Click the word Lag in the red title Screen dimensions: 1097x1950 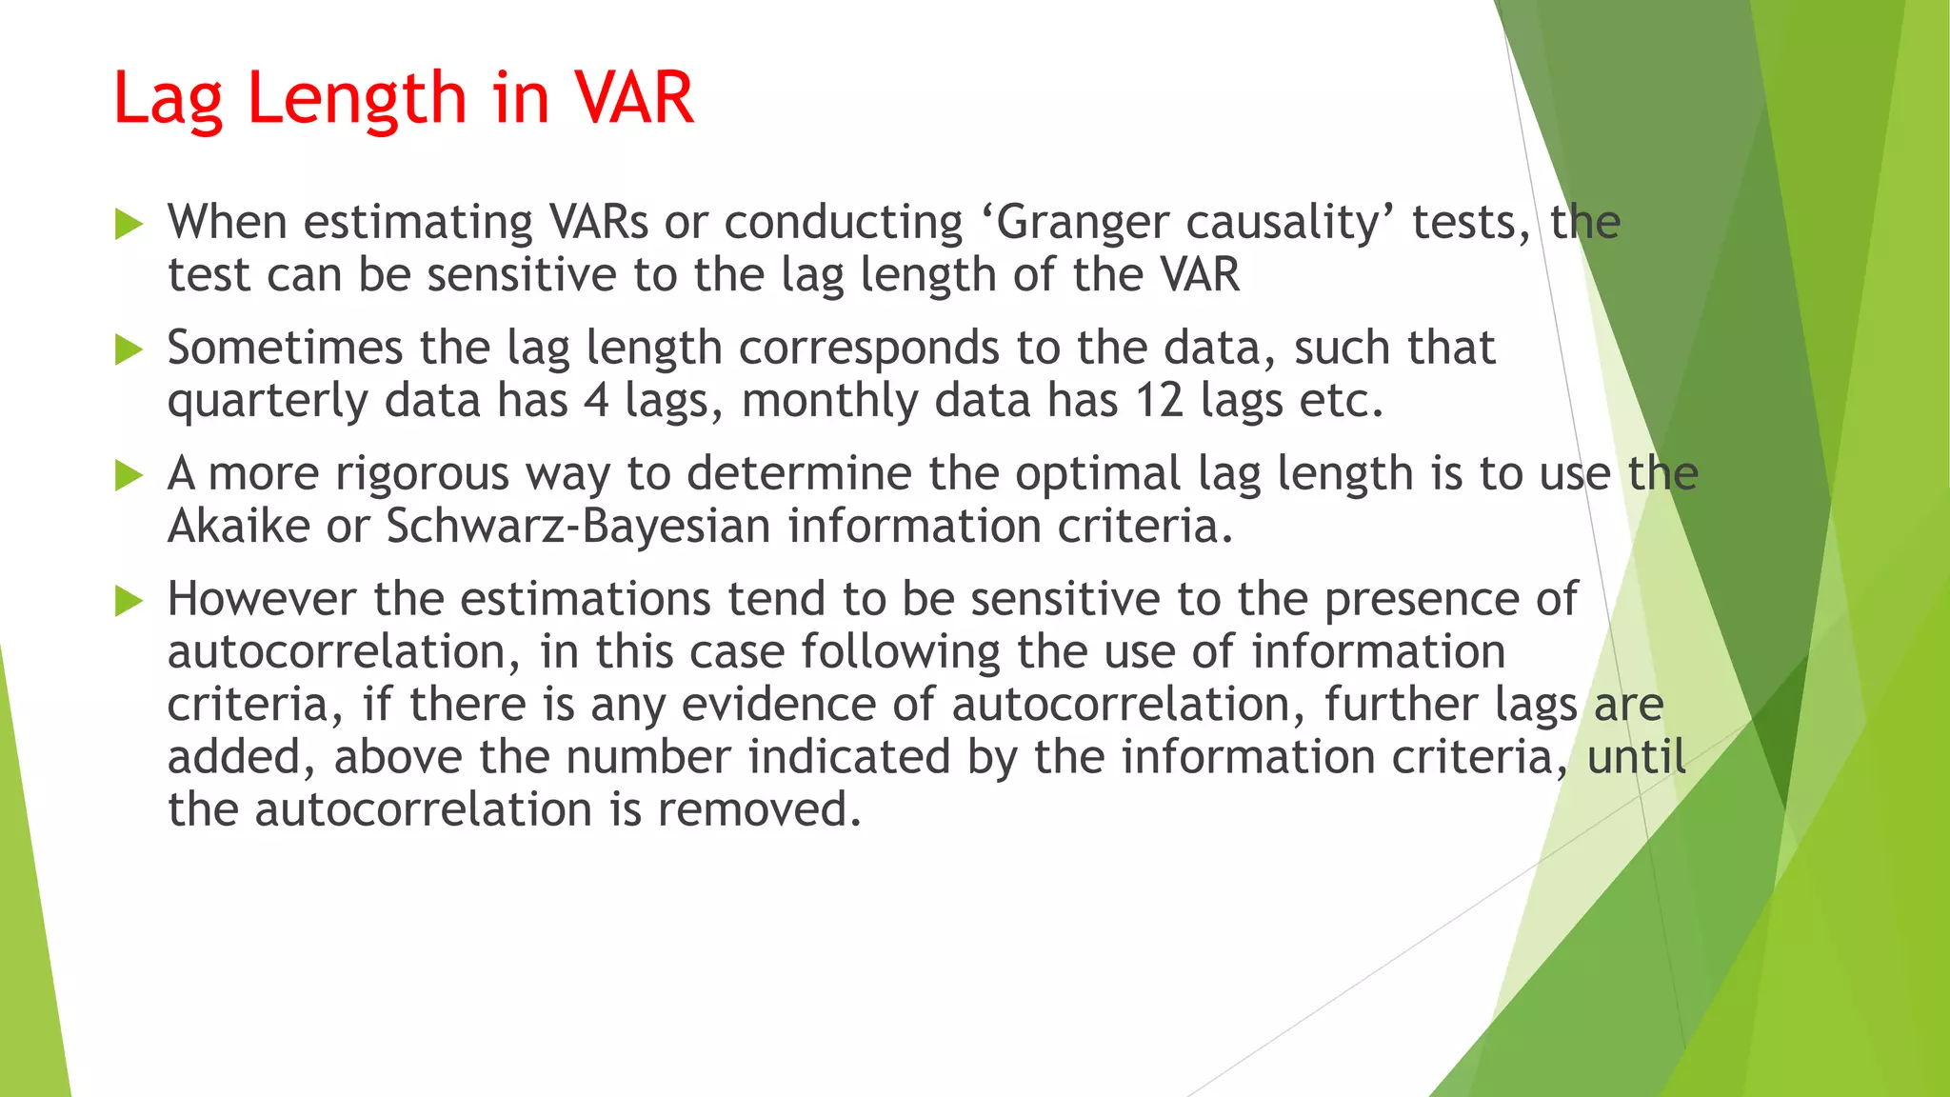click(x=167, y=99)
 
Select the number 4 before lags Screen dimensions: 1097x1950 click(x=596, y=399)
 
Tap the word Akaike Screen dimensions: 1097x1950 click(x=239, y=526)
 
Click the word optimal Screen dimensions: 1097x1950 click(x=1098, y=474)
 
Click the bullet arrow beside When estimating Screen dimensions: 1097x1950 click(x=129, y=225)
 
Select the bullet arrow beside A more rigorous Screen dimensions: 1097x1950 click(x=129, y=475)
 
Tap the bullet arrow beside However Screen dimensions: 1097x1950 click(x=129, y=601)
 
